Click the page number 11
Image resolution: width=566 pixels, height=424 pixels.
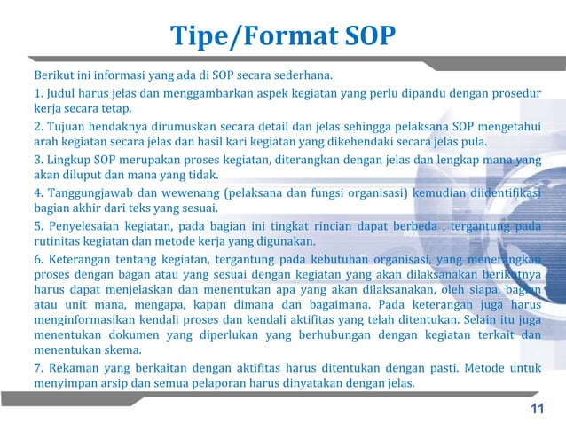pyautogui.click(x=536, y=408)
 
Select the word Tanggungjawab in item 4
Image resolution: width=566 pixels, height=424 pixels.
pyautogui.click(x=91, y=192)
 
